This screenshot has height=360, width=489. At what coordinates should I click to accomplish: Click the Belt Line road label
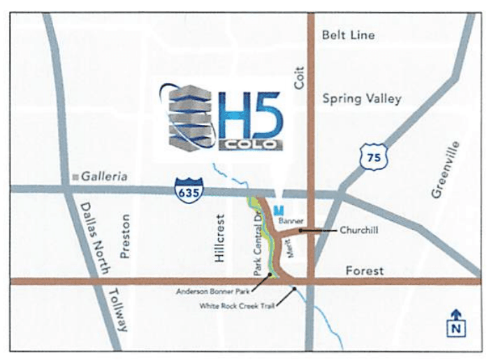[x=348, y=35]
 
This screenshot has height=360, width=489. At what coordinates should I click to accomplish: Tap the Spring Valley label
[x=362, y=99]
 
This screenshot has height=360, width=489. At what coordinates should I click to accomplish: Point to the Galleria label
[x=104, y=177]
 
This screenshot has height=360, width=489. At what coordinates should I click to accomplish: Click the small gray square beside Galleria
[x=75, y=178]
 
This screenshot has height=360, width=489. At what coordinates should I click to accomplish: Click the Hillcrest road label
[x=219, y=238]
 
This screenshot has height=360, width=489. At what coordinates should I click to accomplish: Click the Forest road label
[x=364, y=271]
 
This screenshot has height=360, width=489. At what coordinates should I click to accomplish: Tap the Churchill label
[x=359, y=229]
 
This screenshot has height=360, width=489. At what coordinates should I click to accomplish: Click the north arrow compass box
[x=455, y=323]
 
